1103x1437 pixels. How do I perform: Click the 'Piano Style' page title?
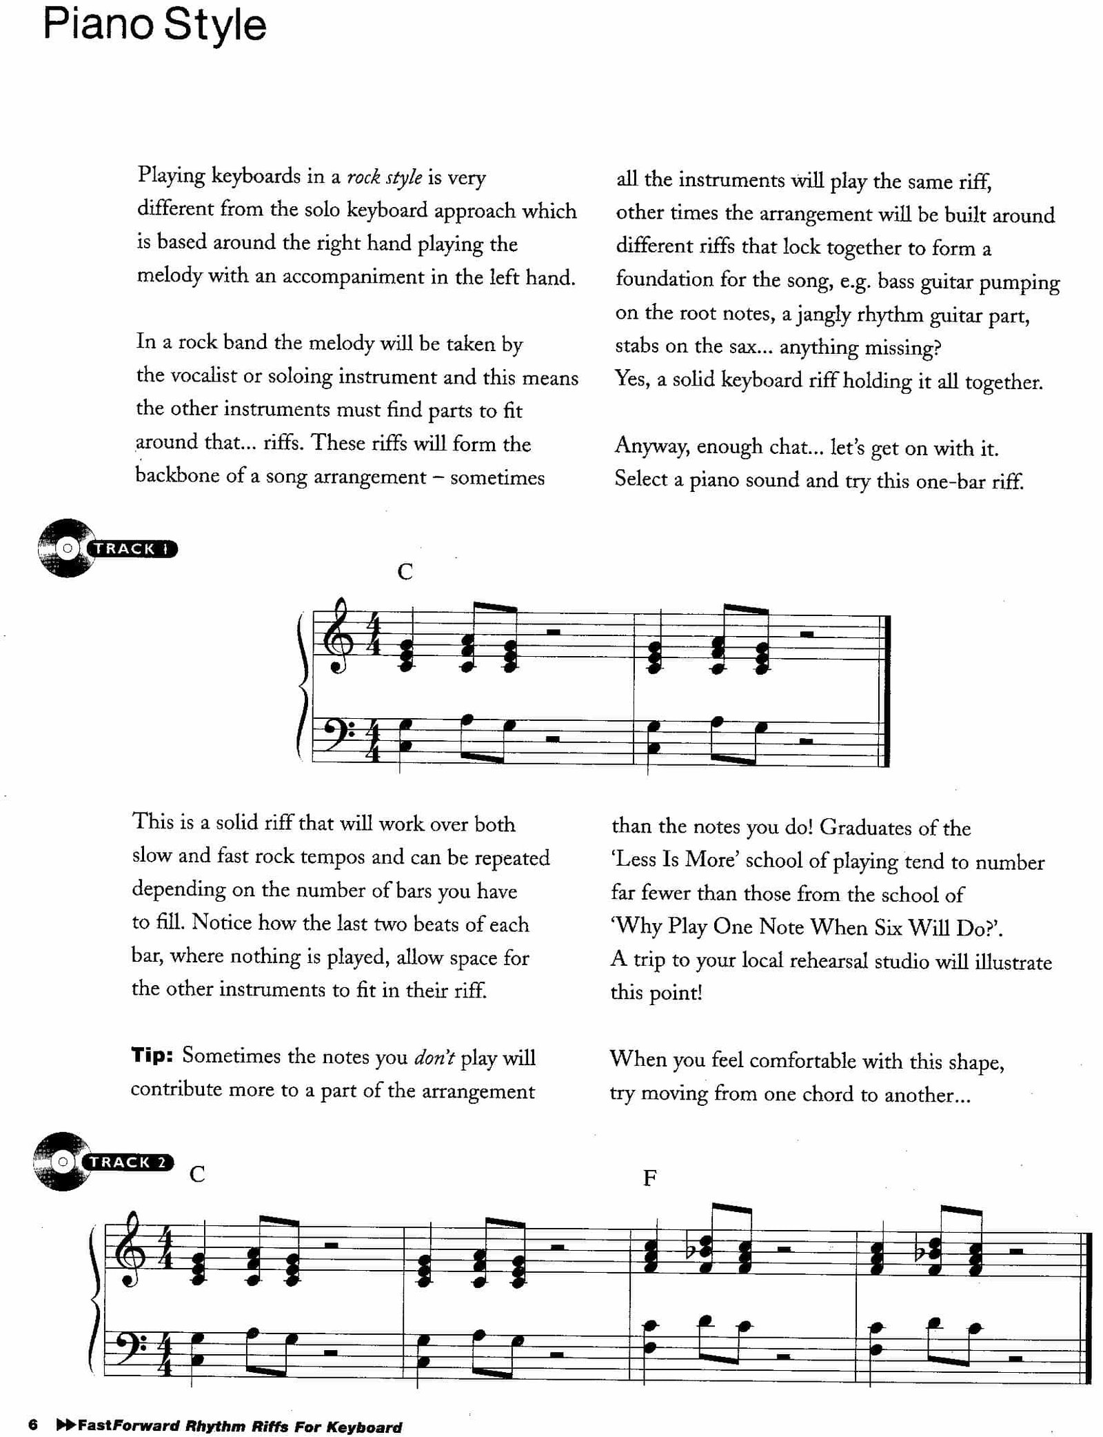(x=154, y=26)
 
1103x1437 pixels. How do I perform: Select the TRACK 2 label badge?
(x=128, y=1162)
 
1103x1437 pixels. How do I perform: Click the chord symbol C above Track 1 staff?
(x=405, y=572)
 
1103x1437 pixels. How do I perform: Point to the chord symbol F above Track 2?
(x=649, y=1178)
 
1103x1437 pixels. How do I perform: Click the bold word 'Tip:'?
(x=152, y=1056)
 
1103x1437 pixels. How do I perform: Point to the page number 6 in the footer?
(x=32, y=1425)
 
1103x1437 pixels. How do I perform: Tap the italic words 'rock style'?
(x=384, y=177)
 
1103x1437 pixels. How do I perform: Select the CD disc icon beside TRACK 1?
(x=66, y=549)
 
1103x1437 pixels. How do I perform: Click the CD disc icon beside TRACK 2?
(x=62, y=1162)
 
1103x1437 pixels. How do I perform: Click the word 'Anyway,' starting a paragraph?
(x=651, y=446)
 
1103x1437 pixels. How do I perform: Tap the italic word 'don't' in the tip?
(x=434, y=1057)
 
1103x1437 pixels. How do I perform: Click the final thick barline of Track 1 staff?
(x=887, y=691)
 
